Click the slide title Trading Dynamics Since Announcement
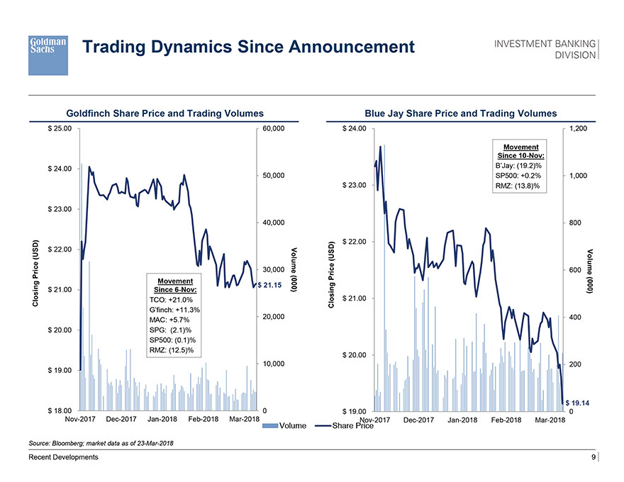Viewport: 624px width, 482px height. (248, 47)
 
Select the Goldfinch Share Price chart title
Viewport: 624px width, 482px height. (165, 113)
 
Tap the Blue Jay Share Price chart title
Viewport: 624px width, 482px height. (461, 113)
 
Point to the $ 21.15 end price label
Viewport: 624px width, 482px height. (270, 285)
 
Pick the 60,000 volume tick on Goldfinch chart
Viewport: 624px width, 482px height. (273, 129)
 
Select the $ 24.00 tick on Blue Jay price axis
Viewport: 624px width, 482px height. (354, 129)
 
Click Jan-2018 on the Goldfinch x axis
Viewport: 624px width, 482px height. (166, 420)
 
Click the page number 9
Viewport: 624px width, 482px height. (593, 458)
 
